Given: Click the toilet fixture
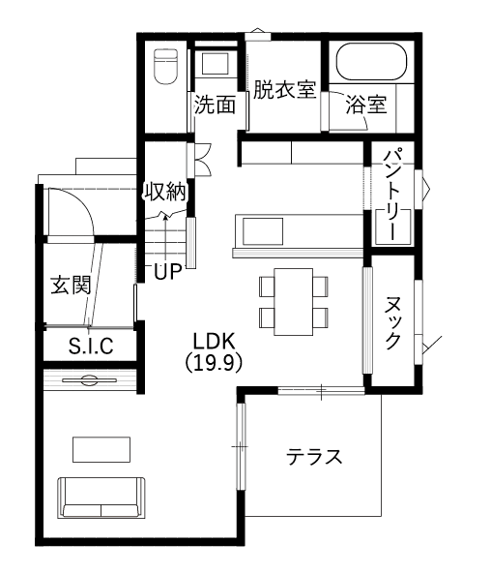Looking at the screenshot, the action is [165, 67].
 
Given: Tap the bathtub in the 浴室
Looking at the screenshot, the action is [371, 62].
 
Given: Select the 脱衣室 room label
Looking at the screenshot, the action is [284, 89].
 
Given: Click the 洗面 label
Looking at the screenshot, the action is [215, 105].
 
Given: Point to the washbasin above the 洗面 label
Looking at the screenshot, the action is [216, 65].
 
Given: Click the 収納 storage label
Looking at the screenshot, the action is [166, 192].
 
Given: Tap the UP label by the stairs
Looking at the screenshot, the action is [168, 272].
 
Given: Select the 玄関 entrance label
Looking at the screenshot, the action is [71, 285].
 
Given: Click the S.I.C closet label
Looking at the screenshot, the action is [91, 346].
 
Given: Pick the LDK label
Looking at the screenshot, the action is [214, 341].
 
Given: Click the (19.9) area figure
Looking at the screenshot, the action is [214, 363].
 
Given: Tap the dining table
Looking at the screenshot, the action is [293, 302].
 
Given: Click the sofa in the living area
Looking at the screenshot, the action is [101, 498].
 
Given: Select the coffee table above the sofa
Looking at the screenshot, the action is [101, 449].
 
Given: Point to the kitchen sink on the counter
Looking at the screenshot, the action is [263, 231].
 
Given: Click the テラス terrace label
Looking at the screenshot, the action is [314, 457].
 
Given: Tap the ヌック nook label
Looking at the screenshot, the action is [393, 322].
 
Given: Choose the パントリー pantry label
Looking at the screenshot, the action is [393, 194].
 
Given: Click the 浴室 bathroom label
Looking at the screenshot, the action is [366, 104].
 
